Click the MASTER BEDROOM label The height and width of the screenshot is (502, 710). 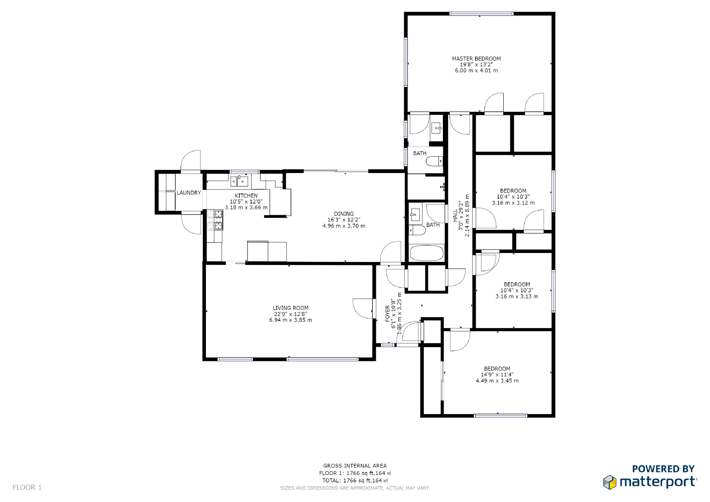(476, 59)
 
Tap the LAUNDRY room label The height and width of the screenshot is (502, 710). (189, 193)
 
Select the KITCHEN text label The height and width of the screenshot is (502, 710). (246, 196)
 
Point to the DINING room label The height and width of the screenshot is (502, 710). (344, 214)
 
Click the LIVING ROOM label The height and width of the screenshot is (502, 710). (291, 308)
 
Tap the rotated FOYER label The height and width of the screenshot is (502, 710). (387, 313)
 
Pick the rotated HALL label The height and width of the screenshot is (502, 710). (455, 216)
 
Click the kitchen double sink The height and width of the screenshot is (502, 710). (239, 181)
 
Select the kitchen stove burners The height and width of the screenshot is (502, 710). (218, 220)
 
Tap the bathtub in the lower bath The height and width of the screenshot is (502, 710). (426, 253)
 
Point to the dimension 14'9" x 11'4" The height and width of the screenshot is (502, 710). (497, 375)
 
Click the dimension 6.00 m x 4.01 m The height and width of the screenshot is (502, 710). (476, 71)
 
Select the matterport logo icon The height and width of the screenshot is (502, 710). (610, 482)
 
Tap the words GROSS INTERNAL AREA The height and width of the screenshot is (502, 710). (355, 466)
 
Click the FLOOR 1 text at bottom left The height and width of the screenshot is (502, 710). (27, 487)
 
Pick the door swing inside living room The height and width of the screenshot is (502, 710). (363, 308)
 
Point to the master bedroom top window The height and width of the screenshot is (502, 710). (481, 14)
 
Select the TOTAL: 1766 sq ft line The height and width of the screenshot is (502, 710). (355, 480)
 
